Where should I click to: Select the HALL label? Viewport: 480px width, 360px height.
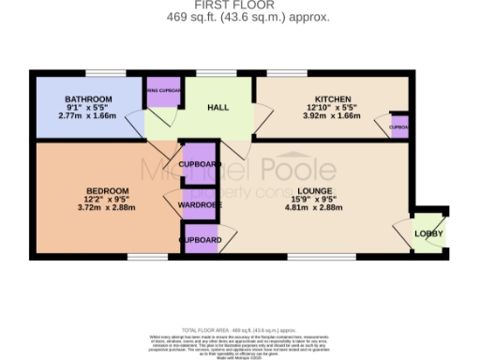coord(218,108)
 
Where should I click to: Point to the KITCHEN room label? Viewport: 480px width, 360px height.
coord(333,99)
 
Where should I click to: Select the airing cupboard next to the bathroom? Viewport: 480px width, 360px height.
coord(163,91)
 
